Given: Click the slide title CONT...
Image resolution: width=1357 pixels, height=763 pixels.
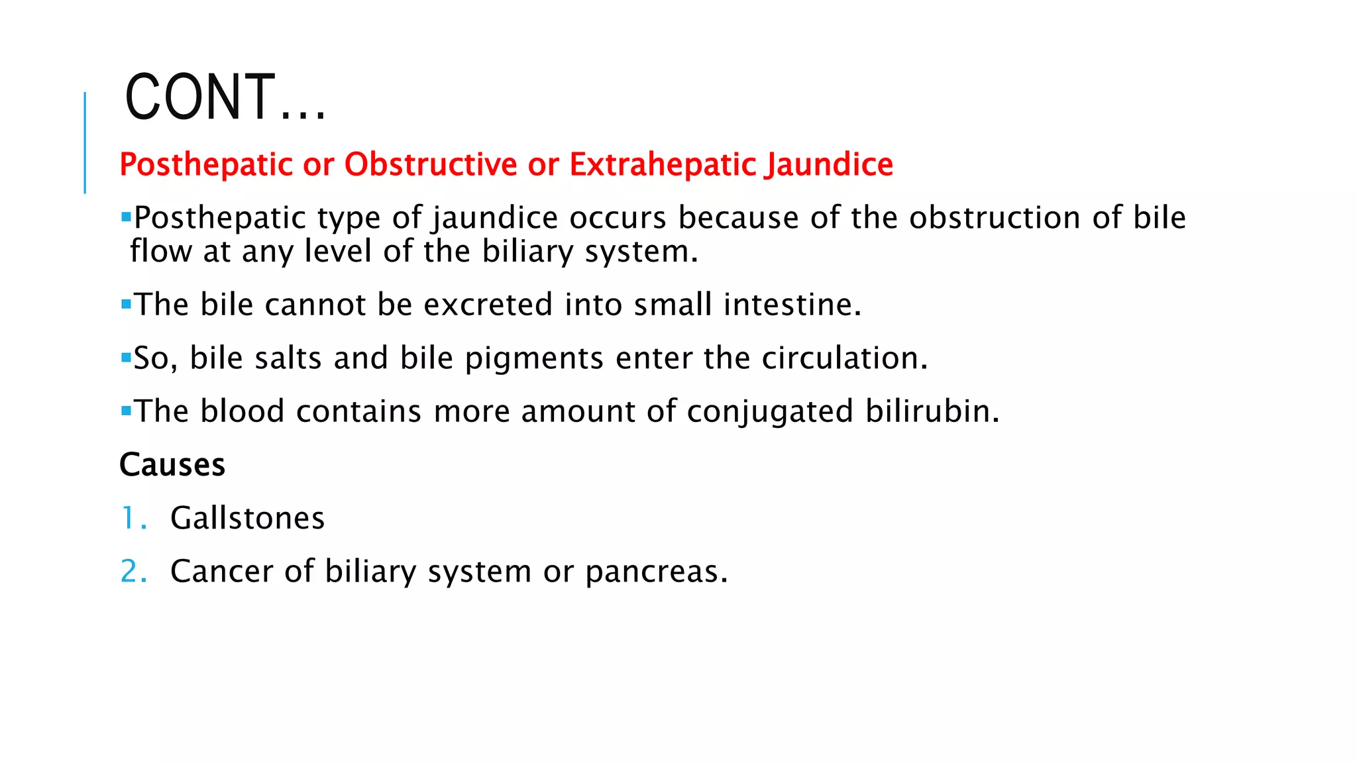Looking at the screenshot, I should click(225, 97).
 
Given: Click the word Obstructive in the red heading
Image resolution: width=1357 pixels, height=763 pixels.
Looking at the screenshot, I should click(431, 164).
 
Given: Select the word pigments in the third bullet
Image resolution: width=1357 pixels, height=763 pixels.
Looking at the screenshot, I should click(534, 359).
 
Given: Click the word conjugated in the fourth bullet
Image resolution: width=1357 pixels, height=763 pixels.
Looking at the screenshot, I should click(770, 412).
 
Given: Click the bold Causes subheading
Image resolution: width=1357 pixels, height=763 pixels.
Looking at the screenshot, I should click(172, 464).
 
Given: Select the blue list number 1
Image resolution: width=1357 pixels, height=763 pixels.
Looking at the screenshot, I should click(129, 518).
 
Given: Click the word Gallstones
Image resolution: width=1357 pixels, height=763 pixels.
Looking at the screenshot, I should click(247, 518).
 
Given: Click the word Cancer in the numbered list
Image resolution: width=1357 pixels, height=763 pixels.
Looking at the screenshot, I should click(221, 572).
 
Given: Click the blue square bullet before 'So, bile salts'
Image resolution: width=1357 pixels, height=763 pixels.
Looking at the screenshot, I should click(126, 358).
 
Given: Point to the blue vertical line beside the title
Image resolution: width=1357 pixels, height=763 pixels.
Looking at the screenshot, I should click(85, 142).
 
